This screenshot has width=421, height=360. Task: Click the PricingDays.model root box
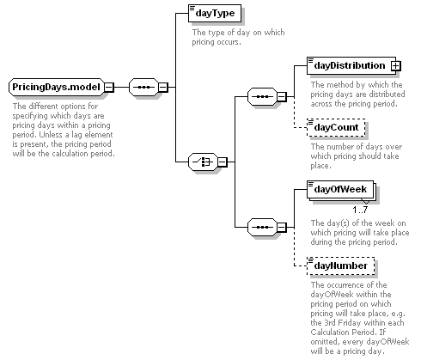point(57,87)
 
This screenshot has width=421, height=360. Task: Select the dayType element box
point(215,13)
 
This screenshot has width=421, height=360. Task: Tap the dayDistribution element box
point(351,66)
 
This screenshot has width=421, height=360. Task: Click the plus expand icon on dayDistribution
point(395,66)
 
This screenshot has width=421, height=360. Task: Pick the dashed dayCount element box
point(336,127)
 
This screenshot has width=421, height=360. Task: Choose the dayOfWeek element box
point(340,189)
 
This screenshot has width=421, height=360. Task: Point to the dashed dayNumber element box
point(340,265)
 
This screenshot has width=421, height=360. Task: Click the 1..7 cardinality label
point(360,210)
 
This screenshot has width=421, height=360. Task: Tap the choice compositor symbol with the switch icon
point(203,162)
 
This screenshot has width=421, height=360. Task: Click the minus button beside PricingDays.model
point(109,87)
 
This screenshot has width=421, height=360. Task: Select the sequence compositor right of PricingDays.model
point(143,87)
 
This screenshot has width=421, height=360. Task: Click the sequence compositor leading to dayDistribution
point(262,97)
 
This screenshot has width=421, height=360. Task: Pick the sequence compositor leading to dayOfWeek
point(262,228)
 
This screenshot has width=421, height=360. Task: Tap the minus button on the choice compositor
point(223,162)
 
